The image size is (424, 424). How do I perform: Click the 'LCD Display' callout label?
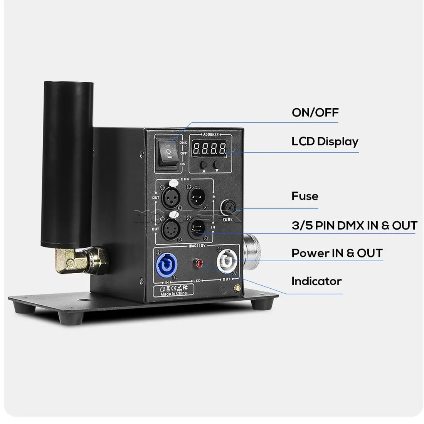[x=325, y=141]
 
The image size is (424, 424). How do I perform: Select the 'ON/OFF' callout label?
[x=315, y=113]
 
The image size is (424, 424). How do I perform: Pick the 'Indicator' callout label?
[x=316, y=281]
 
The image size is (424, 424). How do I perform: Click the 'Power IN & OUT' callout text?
[x=337, y=253]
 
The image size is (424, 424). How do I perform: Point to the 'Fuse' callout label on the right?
[x=305, y=196]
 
